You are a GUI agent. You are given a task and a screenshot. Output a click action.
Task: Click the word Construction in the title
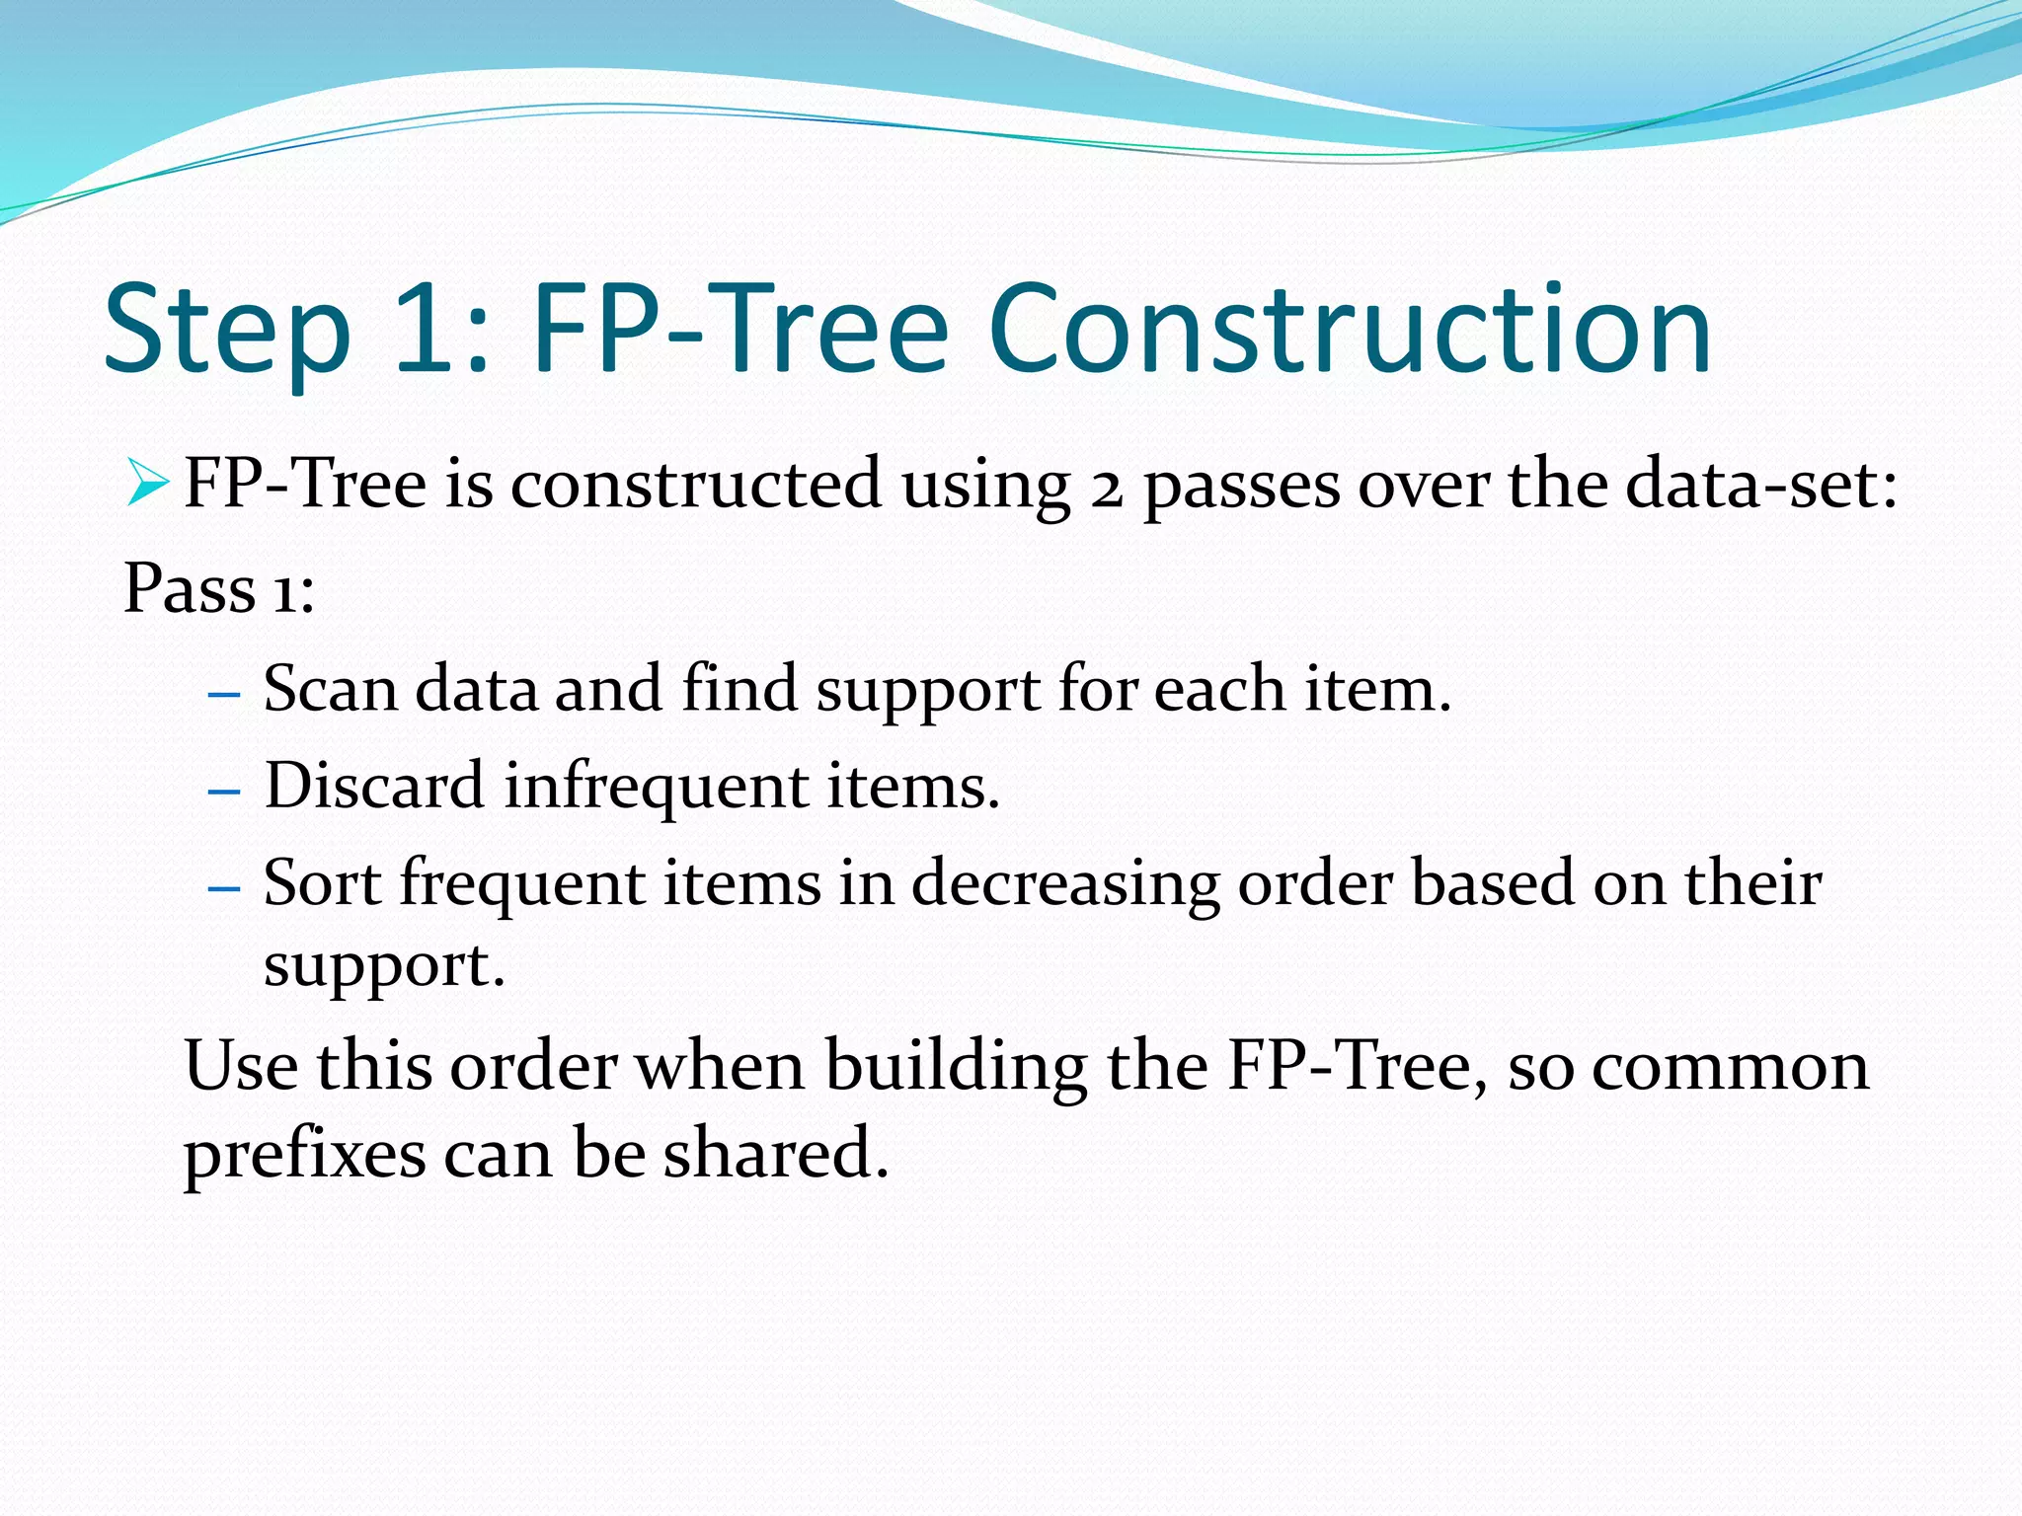(1349, 331)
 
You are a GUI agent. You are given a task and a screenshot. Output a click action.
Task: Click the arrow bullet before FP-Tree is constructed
(148, 485)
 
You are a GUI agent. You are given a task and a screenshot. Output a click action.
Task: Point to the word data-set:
(1760, 485)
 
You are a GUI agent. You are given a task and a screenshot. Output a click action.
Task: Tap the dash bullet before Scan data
(225, 695)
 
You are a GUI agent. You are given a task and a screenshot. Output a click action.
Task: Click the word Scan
(330, 689)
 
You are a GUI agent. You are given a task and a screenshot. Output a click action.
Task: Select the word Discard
(374, 787)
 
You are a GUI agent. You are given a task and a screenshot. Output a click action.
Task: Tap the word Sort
(321, 882)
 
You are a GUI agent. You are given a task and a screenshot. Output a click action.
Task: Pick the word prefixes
(304, 1154)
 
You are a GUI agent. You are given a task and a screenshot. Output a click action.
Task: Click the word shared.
(775, 1154)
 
